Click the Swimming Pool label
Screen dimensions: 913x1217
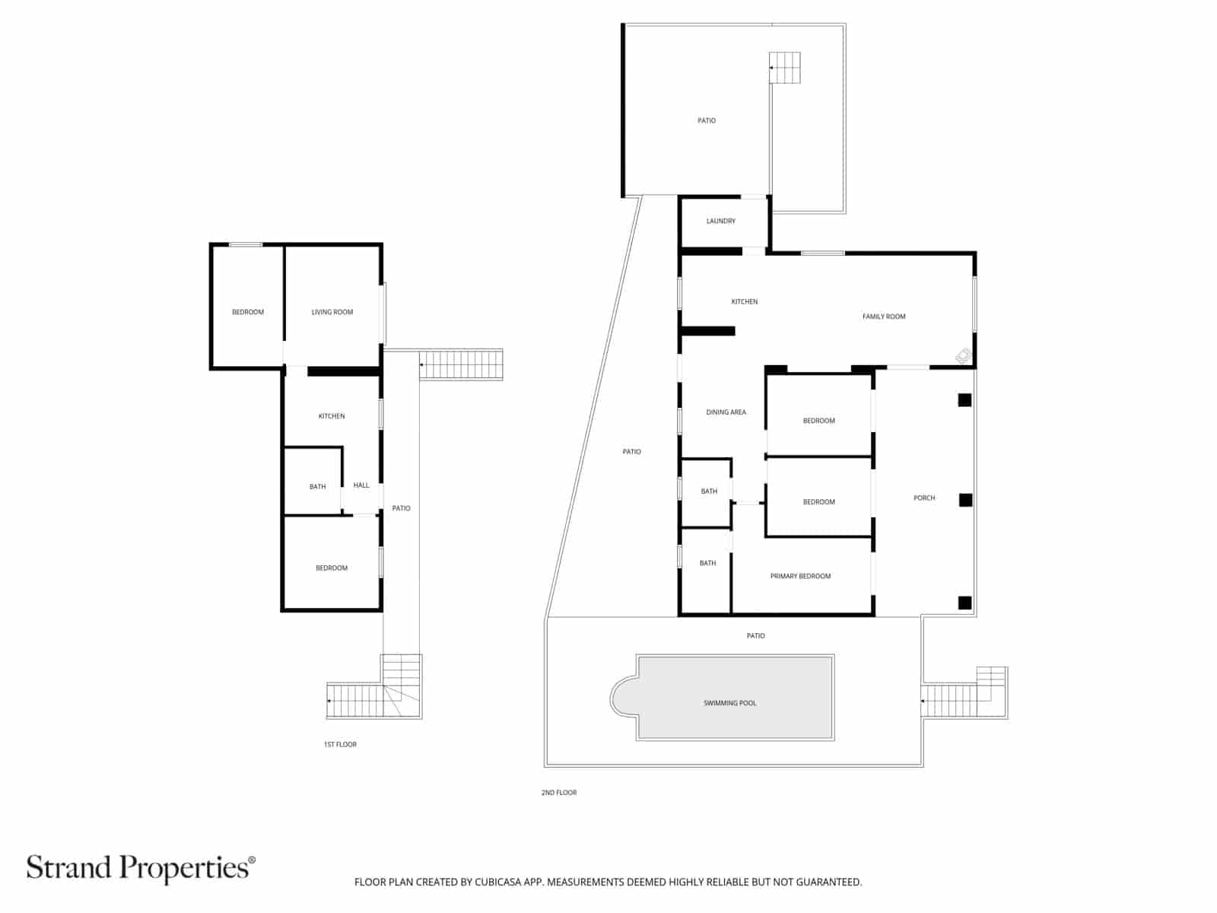click(x=729, y=703)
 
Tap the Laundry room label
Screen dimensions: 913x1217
click(x=720, y=221)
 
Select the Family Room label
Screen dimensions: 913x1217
click(x=884, y=317)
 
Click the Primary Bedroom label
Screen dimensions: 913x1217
click(x=800, y=576)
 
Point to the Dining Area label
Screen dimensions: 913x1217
click(x=726, y=412)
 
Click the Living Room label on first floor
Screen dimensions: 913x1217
click(x=332, y=312)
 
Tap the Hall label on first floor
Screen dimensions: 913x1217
click(x=361, y=485)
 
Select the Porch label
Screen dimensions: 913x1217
click(x=924, y=498)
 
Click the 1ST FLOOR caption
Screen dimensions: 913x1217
click(x=340, y=744)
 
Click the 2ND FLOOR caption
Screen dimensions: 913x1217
click(x=559, y=793)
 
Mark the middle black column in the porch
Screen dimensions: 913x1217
click(x=965, y=500)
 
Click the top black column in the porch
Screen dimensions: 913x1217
click(x=964, y=399)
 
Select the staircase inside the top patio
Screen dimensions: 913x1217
click(x=785, y=68)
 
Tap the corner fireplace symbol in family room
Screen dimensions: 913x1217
click(x=963, y=355)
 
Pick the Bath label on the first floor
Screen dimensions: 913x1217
click(x=317, y=487)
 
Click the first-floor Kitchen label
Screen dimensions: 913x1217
click(x=332, y=416)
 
